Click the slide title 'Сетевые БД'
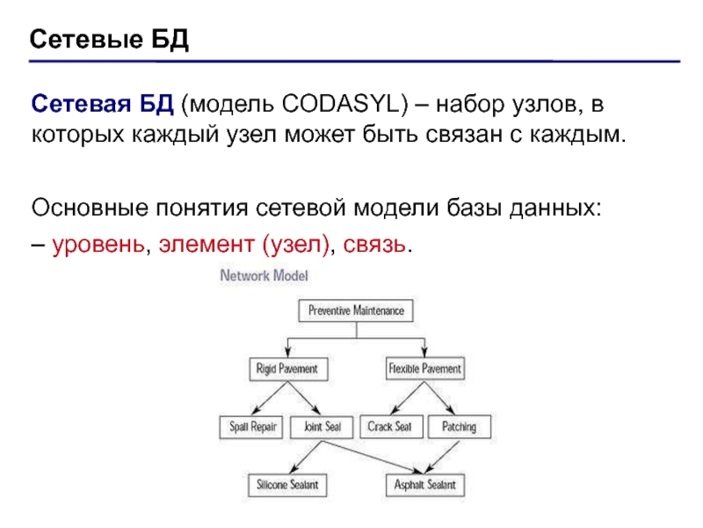pos(110,40)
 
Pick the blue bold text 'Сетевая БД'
pos(104,106)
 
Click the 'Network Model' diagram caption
pos(264,275)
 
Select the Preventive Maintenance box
pos(356,311)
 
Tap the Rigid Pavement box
pos(286,369)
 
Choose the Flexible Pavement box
pos(425,369)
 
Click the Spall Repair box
pos(253,427)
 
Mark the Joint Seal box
pos(322,427)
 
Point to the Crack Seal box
pos(390,427)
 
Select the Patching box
pos(459,427)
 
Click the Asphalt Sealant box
pos(425,485)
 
